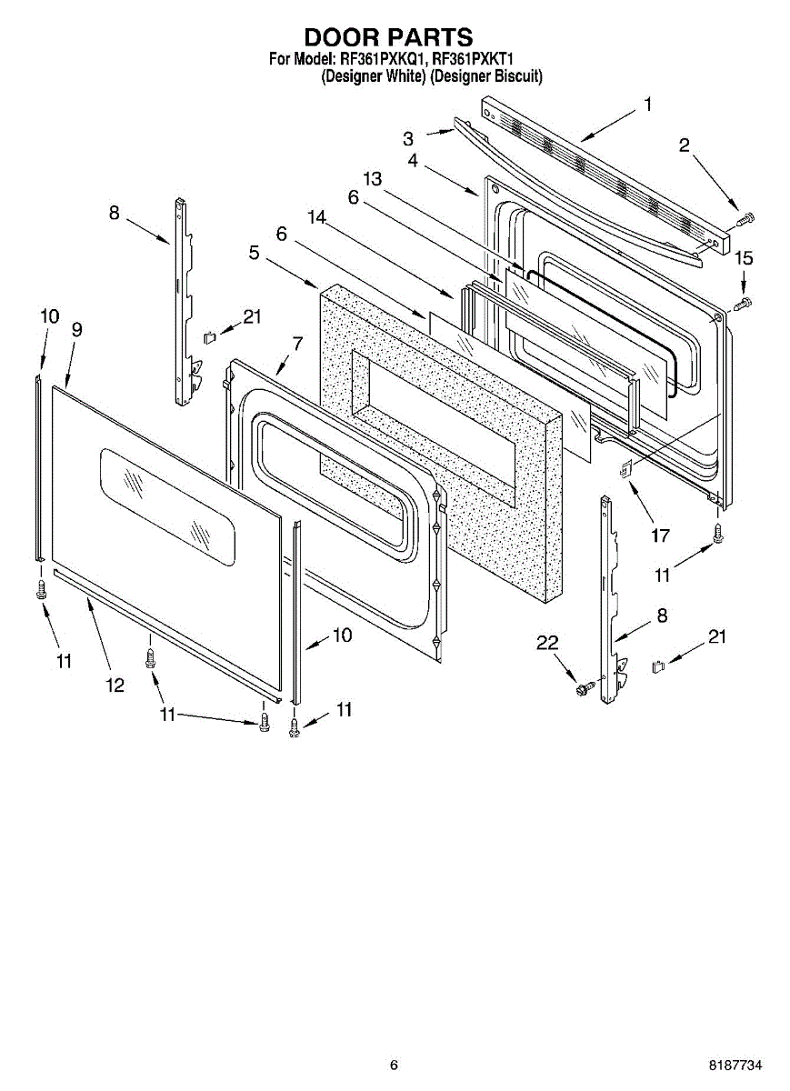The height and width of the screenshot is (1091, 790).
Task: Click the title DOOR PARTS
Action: pyautogui.click(x=389, y=37)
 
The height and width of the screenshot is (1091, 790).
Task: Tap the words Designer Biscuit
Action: pyautogui.click(x=486, y=76)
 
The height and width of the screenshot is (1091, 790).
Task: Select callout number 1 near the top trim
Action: pyautogui.click(x=648, y=105)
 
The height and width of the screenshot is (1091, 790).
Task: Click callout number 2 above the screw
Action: pyautogui.click(x=685, y=145)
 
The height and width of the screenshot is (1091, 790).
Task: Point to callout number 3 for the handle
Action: pyautogui.click(x=408, y=139)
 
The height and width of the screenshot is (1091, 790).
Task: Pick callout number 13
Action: pyautogui.click(x=373, y=179)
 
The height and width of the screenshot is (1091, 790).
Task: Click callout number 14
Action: pyautogui.click(x=316, y=217)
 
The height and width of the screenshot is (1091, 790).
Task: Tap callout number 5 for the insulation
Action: pyautogui.click(x=255, y=253)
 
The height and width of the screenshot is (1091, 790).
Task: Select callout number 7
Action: pyautogui.click(x=297, y=344)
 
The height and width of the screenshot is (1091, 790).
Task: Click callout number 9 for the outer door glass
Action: pyautogui.click(x=77, y=330)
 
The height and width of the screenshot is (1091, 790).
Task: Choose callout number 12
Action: pyautogui.click(x=115, y=686)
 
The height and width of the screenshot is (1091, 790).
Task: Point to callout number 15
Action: pyautogui.click(x=744, y=258)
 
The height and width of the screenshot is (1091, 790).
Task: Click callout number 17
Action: pyautogui.click(x=661, y=535)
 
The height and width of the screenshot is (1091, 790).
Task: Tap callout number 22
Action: pyautogui.click(x=547, y=643)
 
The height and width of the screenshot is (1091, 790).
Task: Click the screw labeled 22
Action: pyautogui.click(x=585, y=687)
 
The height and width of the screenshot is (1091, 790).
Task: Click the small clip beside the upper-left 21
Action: pyautogui.click(x=209, y=337)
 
